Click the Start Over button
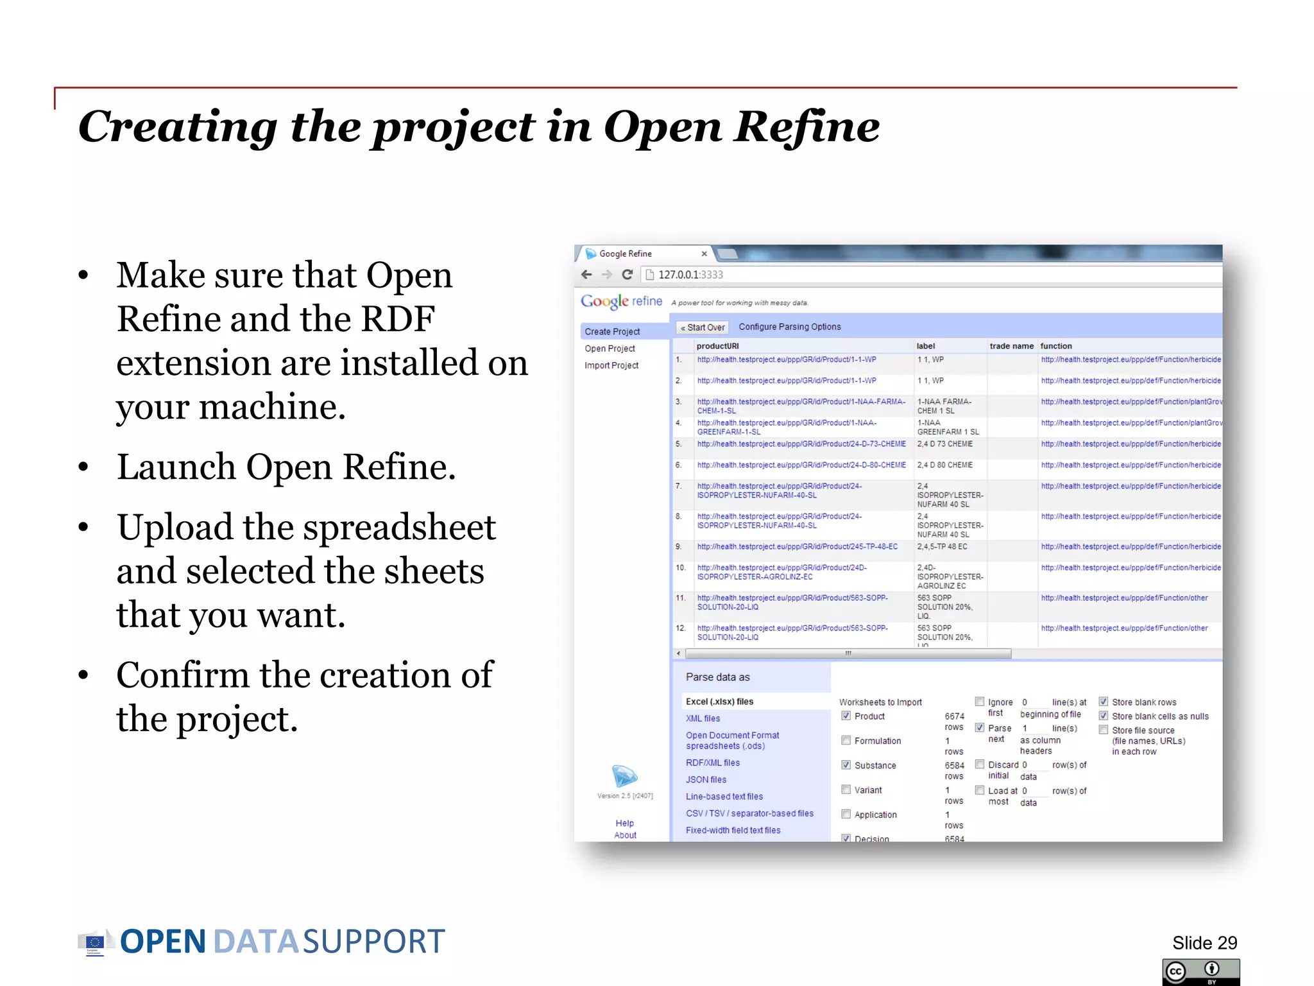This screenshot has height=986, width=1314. (703, 327)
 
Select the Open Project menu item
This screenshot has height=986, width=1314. (610, 349)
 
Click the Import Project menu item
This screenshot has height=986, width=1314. (611, 365)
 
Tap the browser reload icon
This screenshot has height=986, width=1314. (627, 275)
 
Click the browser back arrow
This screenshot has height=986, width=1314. (586, 275)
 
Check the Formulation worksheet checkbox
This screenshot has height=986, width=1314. (846, 740)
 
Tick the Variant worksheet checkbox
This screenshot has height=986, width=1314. (846, 790)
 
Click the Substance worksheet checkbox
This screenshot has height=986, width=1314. (846, 765)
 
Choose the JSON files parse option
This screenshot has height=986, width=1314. (706, 779)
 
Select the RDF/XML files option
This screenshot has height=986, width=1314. (712, 763)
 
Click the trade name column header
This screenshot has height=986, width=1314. (1011, 346)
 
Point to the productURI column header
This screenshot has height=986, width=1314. (717, 346)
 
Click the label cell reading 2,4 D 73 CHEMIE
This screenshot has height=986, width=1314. (944, 444)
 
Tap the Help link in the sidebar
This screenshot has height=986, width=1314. (624, 823)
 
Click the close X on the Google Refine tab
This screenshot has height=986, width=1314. (704, 254)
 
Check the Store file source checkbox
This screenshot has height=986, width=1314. (1104, 730)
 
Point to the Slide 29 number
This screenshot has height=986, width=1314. (1204, 942)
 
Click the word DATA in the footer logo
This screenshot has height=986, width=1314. (255, 942)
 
